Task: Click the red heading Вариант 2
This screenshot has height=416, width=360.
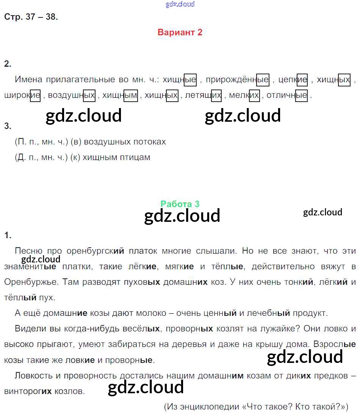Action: tap(180, 32)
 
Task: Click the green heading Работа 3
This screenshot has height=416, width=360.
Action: tap(180, 204)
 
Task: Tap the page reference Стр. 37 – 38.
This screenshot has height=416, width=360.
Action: tap(31, 17)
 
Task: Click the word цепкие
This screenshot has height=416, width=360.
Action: tap(293, 80)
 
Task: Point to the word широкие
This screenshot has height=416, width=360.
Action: tap(22, 96)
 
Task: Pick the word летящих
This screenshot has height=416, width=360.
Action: tap(203, 96)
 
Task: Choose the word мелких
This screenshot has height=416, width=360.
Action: tap(244, 96)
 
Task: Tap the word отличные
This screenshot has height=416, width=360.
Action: tap(287, 96)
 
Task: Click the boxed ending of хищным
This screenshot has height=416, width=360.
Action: tap(131, 96)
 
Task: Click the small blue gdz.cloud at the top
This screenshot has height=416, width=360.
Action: tap(180, 4)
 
